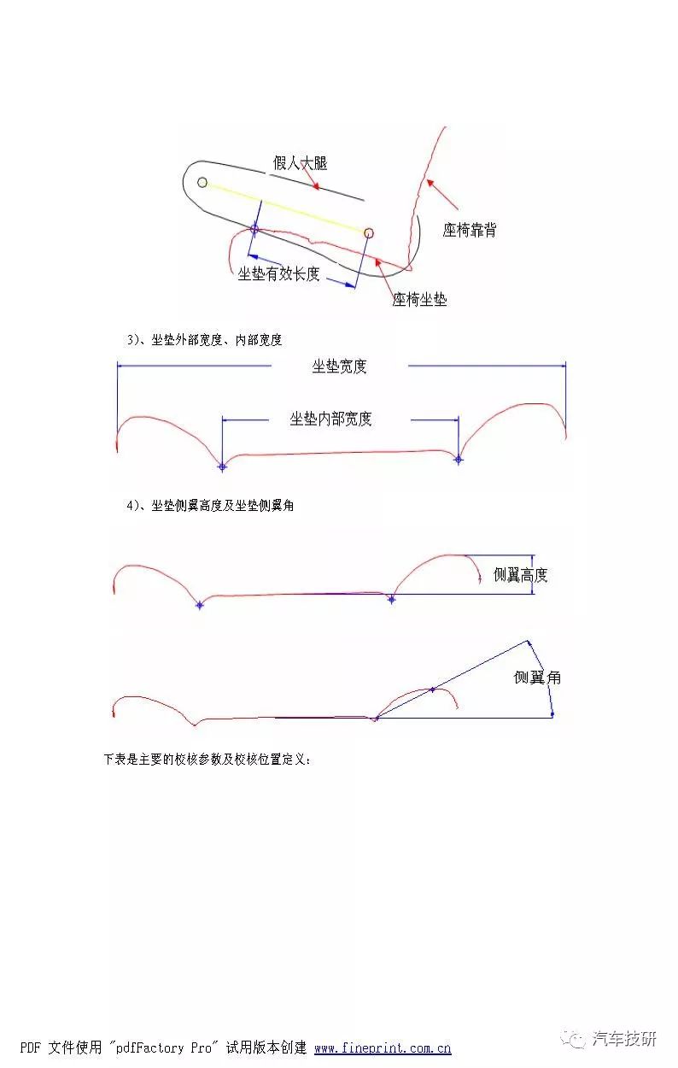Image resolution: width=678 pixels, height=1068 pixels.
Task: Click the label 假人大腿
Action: pyautogui.click(x=300, y=163)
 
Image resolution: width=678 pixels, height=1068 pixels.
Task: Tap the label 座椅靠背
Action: pyautogui.click(x=470, y=231)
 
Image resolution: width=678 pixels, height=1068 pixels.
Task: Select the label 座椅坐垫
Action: pyautogui.click(x=420, y=299)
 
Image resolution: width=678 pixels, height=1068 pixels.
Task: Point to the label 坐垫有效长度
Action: pyautogui.click(x=278, y=273)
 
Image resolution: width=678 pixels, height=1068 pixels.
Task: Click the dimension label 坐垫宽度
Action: pyautogui.click(x=339, y=367)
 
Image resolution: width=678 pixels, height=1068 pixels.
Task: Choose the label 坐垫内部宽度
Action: pyautogui.click(x=330, y=419)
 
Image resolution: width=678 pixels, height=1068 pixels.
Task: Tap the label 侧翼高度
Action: pyautogui.click(x=520, y=575)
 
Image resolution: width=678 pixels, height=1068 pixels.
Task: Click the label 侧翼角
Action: pyautogui.click(x=537, y=678)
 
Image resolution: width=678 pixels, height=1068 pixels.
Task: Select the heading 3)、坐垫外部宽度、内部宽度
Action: pyautogui.click(x=204, y=339)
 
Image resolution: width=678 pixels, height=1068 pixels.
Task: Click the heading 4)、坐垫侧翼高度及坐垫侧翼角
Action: pyautogui.click(x=210, y=506)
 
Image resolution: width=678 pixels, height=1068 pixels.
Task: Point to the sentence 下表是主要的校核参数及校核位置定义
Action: pyautogui.click(x=207, y=759)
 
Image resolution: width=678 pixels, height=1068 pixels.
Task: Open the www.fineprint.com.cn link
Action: pyautogui.click(x=383, y=1047)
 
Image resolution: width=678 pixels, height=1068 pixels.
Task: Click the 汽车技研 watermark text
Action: pyautogui.click(x=625, y=1038)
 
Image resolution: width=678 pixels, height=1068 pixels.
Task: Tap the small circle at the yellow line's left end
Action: pyautogui.click(x=202, y=182)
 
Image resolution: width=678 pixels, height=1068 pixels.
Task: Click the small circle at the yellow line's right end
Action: pyautogui.click(x=369, y=232)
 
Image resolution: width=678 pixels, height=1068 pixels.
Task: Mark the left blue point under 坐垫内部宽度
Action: pyautogui.click(x=222, y=467)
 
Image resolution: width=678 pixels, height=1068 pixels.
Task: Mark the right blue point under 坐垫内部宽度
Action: pyautogui.click(x=459, y=460)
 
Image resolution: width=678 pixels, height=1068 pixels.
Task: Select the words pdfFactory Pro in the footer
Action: pyautogui.click(x=163, y=1047)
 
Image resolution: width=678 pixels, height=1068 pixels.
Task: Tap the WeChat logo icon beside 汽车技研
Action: pyautogui.click(x=573, y=1038)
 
